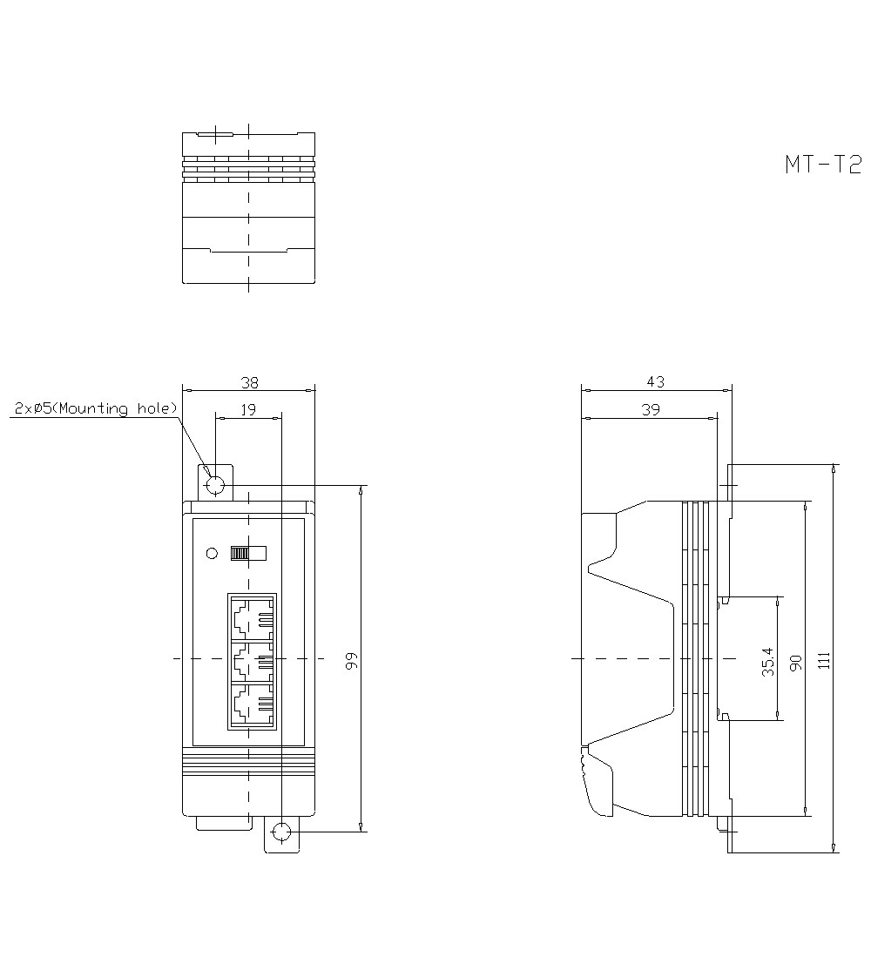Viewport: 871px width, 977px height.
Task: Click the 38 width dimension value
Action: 249,381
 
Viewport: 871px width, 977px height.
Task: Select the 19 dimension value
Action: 248,409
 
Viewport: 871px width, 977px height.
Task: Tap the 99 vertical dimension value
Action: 351,660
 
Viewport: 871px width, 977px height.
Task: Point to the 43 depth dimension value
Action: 655,381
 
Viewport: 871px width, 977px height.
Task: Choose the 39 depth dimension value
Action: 650,409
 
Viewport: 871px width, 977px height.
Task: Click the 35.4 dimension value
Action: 767,660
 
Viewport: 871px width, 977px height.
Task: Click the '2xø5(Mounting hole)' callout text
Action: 96,408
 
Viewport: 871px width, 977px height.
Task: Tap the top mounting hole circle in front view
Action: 215,485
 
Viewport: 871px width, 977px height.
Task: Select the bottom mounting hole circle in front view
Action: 281,832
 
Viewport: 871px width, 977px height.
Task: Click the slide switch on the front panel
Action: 246,553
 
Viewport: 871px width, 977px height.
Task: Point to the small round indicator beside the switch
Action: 210,553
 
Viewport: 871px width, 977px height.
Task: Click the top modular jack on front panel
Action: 253,618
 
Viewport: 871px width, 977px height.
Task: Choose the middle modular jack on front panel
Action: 253,662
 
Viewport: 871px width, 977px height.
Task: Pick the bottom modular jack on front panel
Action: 253,705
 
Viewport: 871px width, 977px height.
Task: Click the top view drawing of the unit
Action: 248,208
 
